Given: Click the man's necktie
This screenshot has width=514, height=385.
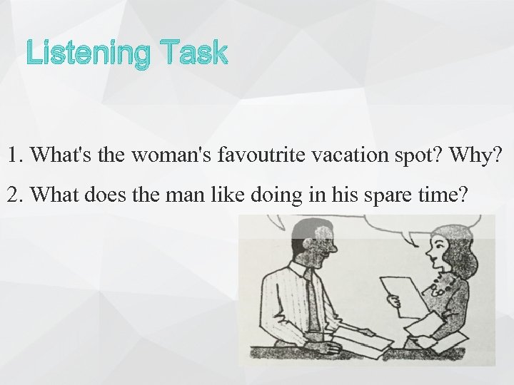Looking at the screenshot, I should (x=312, y=302).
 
